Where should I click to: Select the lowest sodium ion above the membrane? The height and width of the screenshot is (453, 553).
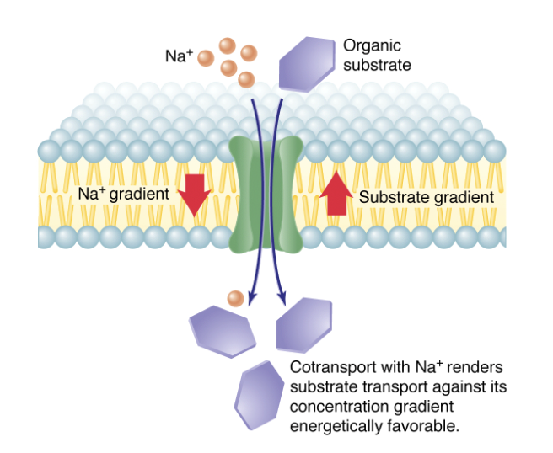(246, 80)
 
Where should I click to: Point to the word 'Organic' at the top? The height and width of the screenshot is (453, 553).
(372, 45)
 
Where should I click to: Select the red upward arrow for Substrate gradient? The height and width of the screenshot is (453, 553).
(336, 193)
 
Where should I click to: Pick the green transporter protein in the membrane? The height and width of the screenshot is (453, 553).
(266, 194)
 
